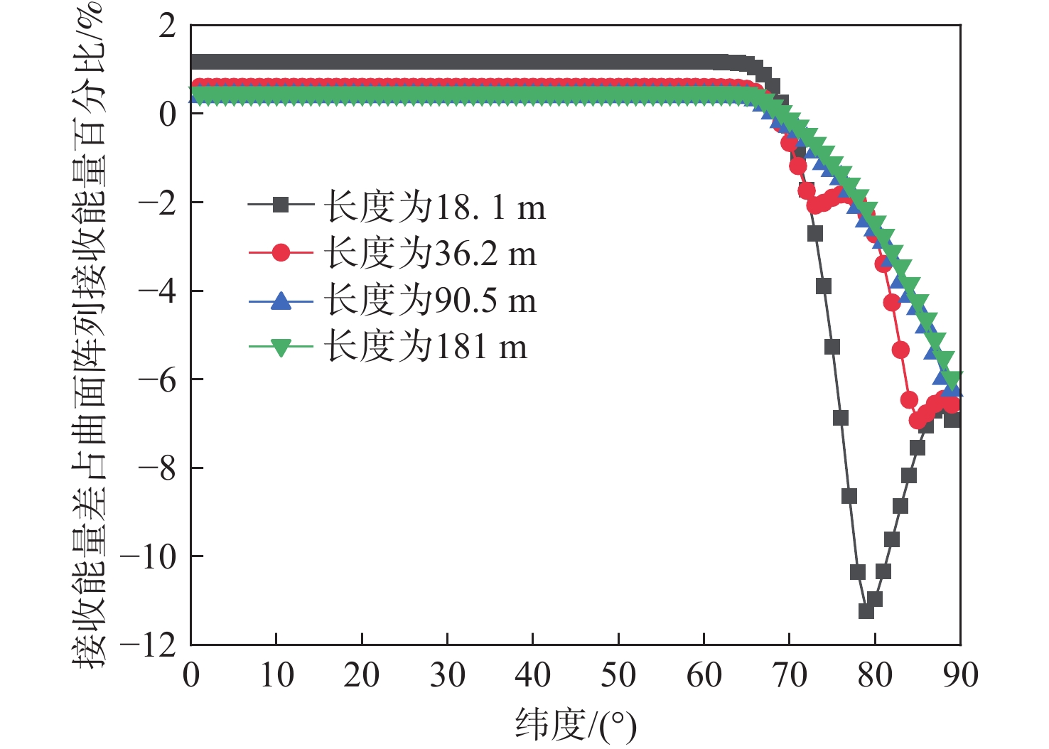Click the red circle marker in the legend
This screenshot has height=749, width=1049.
tap(281, 252)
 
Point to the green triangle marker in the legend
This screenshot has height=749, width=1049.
tap(281, 347)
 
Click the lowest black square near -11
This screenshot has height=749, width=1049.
tap(866, 610)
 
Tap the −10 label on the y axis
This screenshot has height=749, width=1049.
tap(149, 557)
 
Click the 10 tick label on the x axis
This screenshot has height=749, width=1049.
tap(276, 675)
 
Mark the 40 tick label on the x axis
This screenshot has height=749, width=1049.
tap(532, 675)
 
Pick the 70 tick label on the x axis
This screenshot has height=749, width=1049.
tap(789, 675)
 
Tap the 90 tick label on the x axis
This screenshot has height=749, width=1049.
tap(960, 675)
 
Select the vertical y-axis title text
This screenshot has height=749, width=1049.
tap(89, 334)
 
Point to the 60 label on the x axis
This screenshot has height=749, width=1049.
tap(704, 675)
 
